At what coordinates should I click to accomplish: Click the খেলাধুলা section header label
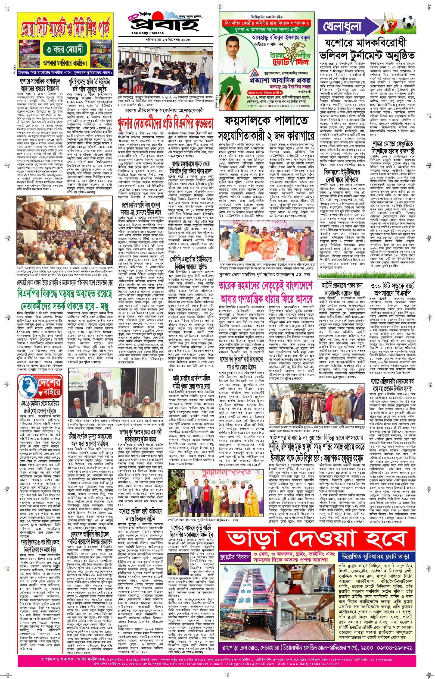click(342, 27)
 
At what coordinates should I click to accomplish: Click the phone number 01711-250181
click(259, 106)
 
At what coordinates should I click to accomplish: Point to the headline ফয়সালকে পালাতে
click(266, 122)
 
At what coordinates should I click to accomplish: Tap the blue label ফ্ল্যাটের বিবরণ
click(234, 557)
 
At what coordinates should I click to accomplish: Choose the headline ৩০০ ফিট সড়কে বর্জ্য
click(393, 286)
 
